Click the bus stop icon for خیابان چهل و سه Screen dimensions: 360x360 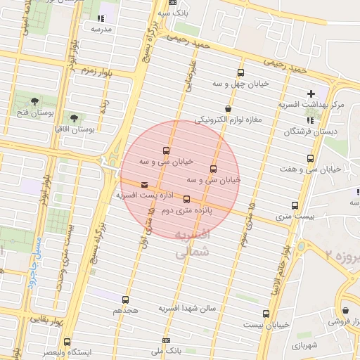241,73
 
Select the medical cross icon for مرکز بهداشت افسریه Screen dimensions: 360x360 311,94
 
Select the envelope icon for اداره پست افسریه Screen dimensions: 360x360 144,185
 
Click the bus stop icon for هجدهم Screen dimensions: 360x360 126,300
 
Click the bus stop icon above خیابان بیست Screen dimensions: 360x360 266,314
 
